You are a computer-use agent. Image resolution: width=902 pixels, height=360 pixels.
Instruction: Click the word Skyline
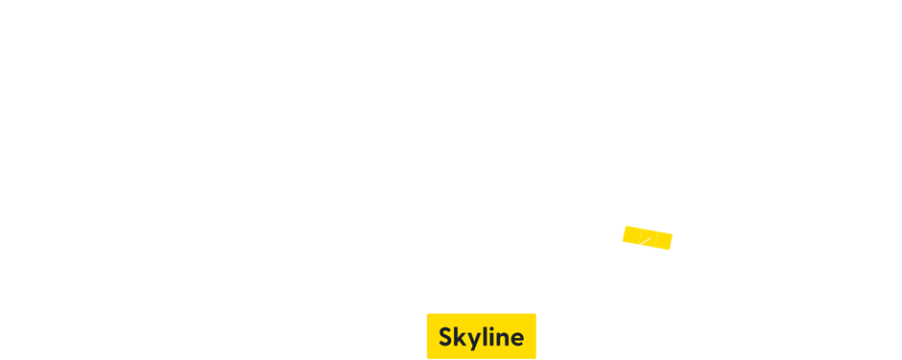(481, 337)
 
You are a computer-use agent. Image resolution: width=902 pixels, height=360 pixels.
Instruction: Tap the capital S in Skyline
(445, 337)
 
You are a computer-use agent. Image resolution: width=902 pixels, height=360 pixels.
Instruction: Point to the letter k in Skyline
(459, 337)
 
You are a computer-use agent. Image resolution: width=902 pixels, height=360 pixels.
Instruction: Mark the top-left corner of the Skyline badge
(428, 315)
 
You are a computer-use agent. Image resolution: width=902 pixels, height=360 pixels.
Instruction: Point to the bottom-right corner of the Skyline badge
(534, 357)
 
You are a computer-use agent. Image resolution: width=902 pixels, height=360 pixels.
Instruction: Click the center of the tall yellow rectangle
(705, 241)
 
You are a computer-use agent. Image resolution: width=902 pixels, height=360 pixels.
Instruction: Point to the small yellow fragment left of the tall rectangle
(642, 235)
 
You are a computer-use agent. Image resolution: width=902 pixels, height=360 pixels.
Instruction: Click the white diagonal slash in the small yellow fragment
(648, 236)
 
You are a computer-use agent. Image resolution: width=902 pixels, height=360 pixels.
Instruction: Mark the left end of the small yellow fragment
(623, 232)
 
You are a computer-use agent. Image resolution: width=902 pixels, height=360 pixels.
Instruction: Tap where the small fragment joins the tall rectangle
(663, 237)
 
